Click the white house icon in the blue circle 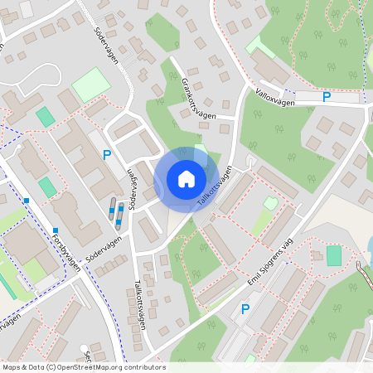[186, 179]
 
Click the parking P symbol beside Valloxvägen [327, 97]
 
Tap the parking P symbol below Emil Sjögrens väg [245, 309]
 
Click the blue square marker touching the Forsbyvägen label [56, 230]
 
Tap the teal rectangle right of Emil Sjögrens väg [333, 256]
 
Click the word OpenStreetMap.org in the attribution [104, 366]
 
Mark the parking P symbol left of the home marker [106, 155]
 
